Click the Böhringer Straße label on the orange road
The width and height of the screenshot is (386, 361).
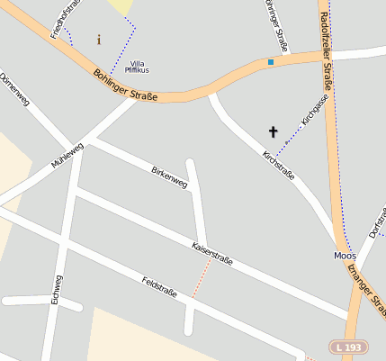[x=125, y=86]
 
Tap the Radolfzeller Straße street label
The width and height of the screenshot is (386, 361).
[x=326, y=54]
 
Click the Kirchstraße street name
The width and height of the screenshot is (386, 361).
[x=278, y=166]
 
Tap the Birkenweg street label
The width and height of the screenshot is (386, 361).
[x=169, y=176]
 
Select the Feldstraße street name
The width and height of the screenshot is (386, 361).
[x=159, y=287]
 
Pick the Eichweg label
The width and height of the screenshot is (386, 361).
[x=57, y=290]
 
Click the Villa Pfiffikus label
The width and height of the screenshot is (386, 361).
[x=137, y=66]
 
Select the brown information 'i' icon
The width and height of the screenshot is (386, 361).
[x=98, y=40]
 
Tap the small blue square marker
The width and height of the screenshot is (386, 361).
[x=270, y=62]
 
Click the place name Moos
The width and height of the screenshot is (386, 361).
[x=346, y=256]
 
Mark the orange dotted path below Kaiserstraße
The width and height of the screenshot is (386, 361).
[x=200, y=284]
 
